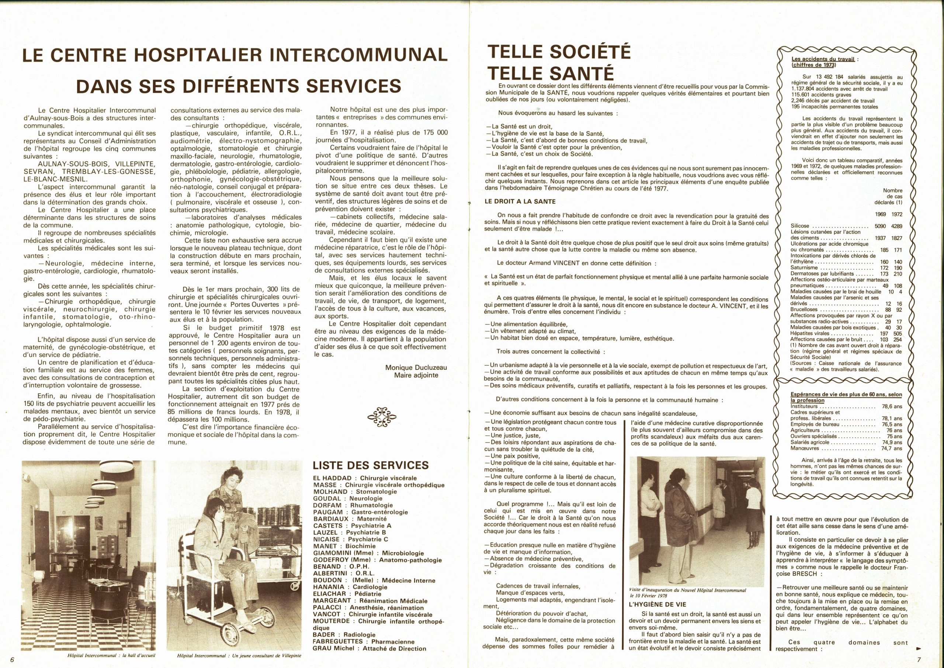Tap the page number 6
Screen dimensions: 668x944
13,660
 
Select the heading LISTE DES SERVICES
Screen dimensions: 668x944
371,465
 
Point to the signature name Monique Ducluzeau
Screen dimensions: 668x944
416,368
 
